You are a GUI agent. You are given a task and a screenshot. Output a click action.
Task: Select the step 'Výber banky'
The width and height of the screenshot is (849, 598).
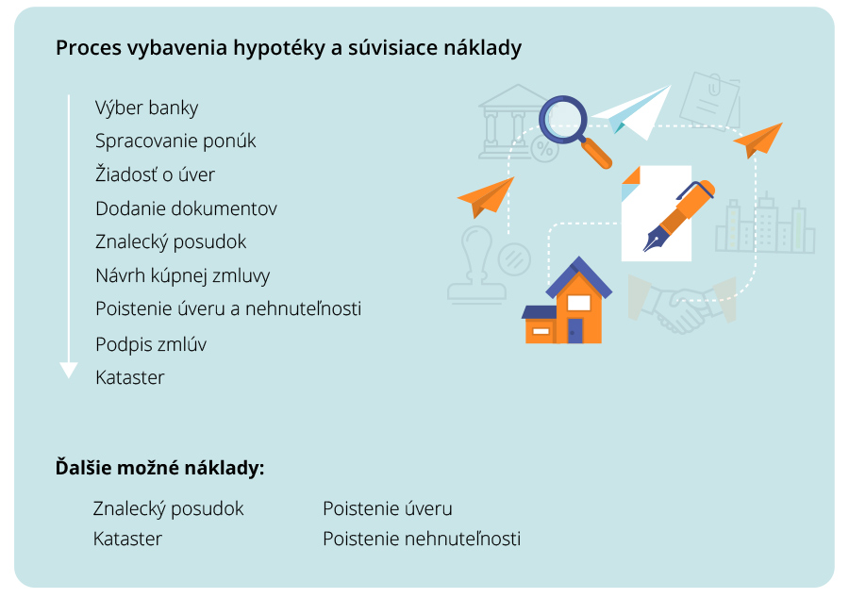point(147,108)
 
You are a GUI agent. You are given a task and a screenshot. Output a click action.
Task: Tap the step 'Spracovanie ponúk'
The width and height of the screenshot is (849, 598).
point(175,141)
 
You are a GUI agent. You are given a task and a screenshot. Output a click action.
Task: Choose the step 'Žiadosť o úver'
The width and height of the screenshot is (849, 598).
point(156,174)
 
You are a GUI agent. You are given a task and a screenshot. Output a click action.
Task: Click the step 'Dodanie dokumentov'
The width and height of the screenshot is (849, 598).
point(186,208)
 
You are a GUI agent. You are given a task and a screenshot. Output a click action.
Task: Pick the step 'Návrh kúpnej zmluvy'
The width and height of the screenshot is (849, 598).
point(182,275)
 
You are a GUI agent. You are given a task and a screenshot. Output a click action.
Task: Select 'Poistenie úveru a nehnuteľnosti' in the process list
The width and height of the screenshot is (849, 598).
point(228,308)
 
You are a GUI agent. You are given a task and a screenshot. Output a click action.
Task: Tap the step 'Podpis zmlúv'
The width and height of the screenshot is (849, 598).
point(151,344)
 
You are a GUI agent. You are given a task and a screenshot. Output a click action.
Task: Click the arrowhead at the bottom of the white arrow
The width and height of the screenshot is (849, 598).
point(69,370)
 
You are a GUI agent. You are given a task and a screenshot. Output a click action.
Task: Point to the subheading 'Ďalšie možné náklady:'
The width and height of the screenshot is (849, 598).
point(159,467)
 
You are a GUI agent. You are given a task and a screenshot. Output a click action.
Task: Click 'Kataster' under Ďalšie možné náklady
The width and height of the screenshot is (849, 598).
point(127,540)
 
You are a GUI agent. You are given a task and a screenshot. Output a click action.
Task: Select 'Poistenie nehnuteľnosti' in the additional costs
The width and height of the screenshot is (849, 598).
point(421,540)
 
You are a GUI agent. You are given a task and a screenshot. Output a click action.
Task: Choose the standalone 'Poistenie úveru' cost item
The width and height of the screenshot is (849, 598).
point(387,509)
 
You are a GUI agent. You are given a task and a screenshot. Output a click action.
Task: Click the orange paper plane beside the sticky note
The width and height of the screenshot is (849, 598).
point(759,140)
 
